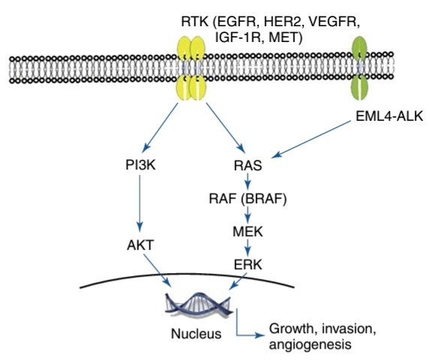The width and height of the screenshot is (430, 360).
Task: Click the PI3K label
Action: (x=140, y=165)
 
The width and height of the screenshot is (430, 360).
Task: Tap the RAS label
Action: (x=248, y=166)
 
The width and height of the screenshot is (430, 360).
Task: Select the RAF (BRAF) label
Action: (x=248, y=199)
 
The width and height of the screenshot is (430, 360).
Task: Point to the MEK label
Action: (x=248, y=232)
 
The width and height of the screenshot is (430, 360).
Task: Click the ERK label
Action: (x=248, y=265)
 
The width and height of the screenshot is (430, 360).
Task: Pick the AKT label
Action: (x=140, y=245)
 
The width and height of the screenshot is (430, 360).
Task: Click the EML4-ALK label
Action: (x=389, y=116)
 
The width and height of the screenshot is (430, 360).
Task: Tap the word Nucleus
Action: (x=196, y=334)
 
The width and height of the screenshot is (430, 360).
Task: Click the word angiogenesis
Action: (x=310, y=345)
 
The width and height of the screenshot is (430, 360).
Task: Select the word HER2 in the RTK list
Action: (x=282, y=22)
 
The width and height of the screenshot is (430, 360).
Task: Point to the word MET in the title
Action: (x=283, y=37)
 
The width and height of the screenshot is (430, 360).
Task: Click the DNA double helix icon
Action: (x=197, y=304)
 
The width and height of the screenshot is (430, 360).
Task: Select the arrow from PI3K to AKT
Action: (x=140, y=203)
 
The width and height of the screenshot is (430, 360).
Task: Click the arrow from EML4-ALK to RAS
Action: (x=311, y=139)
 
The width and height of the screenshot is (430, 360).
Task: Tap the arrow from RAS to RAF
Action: (x=248, y=182)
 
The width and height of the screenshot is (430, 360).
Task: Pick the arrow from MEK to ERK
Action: (x=248, y=247)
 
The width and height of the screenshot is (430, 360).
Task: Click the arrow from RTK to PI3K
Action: (x=160, y=127)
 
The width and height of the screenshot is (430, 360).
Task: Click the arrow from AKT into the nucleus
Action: (x=157, y=271)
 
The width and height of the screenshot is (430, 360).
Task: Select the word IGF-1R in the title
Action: (x=239, y=37)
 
